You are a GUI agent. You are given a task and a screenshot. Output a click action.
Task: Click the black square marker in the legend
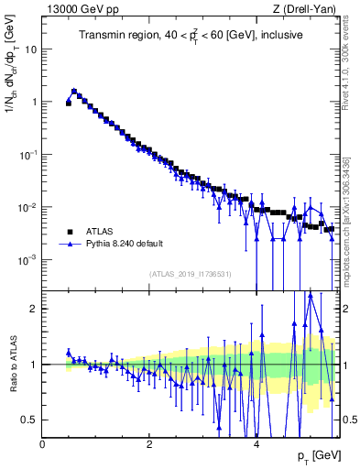click(70, 232)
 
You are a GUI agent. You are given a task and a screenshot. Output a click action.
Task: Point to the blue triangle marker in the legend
click(70, 245)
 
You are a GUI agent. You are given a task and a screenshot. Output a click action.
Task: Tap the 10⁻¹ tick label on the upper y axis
click(27, 155)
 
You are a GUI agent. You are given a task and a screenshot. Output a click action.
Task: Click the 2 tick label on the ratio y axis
click(35, 309)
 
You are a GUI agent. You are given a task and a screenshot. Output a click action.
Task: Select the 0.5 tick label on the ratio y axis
click(31, 420)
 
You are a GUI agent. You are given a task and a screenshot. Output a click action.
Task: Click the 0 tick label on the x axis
click(42, 443)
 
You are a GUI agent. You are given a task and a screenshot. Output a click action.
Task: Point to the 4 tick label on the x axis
click(256, 443)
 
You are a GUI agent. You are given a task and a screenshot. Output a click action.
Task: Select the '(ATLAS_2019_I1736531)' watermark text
click(190, 274)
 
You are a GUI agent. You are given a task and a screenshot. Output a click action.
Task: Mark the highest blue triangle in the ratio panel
click(311, 295)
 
